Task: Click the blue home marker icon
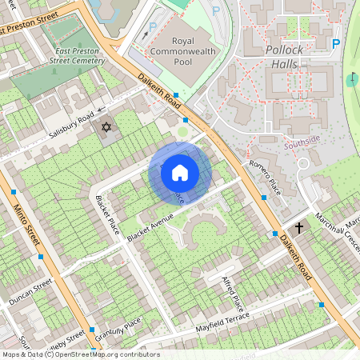180,173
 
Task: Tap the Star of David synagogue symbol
106,126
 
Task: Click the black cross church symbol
299,228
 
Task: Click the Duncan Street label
30,294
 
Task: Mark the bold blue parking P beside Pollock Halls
336,44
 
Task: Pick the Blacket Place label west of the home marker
106,215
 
